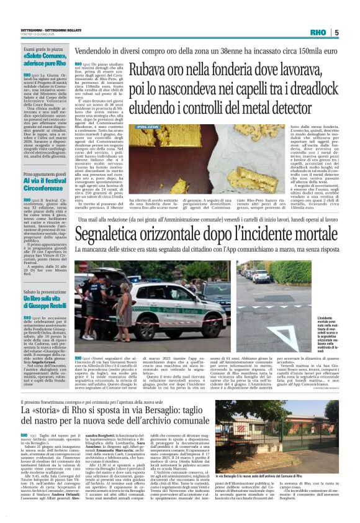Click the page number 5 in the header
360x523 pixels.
(336, 32)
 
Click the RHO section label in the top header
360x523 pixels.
(318, 32)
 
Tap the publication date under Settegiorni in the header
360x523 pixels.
(39, 35)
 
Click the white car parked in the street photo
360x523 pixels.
(260, 277)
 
